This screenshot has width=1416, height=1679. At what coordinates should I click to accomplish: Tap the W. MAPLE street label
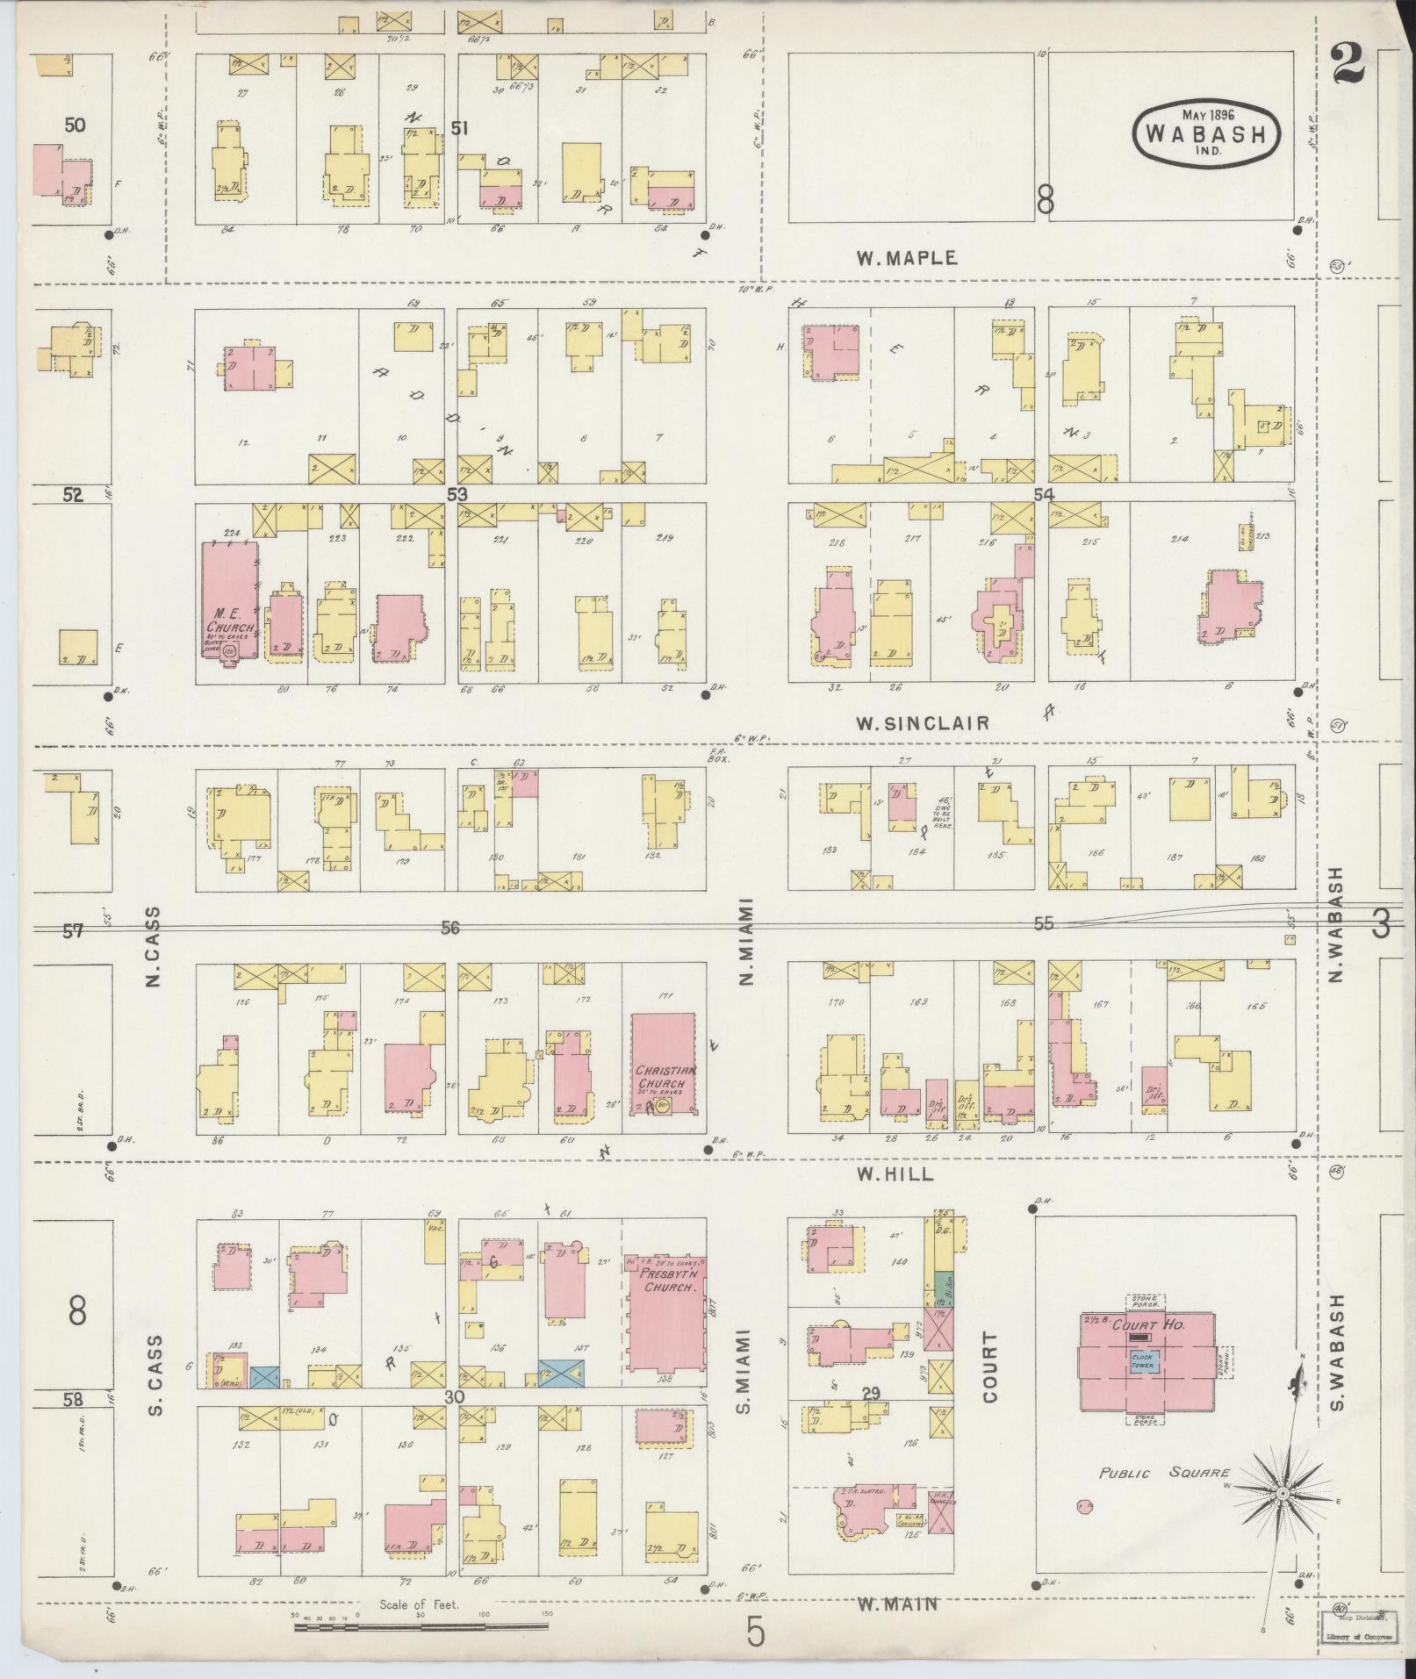tap(906, 258)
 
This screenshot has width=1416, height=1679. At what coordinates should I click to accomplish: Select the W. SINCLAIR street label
tap(923, 723)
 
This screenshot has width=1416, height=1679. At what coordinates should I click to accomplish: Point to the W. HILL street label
tap(895, 1174)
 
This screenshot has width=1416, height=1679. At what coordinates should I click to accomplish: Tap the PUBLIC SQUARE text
tap(1164, 1473)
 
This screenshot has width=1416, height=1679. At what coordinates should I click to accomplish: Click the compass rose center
tap(1283, 1493)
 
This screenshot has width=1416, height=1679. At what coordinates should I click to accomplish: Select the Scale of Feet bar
tap(420, 1626)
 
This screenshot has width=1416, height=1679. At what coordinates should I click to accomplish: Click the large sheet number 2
tap(1346, 64)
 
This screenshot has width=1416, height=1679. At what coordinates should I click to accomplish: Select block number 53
tap(457, 494)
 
